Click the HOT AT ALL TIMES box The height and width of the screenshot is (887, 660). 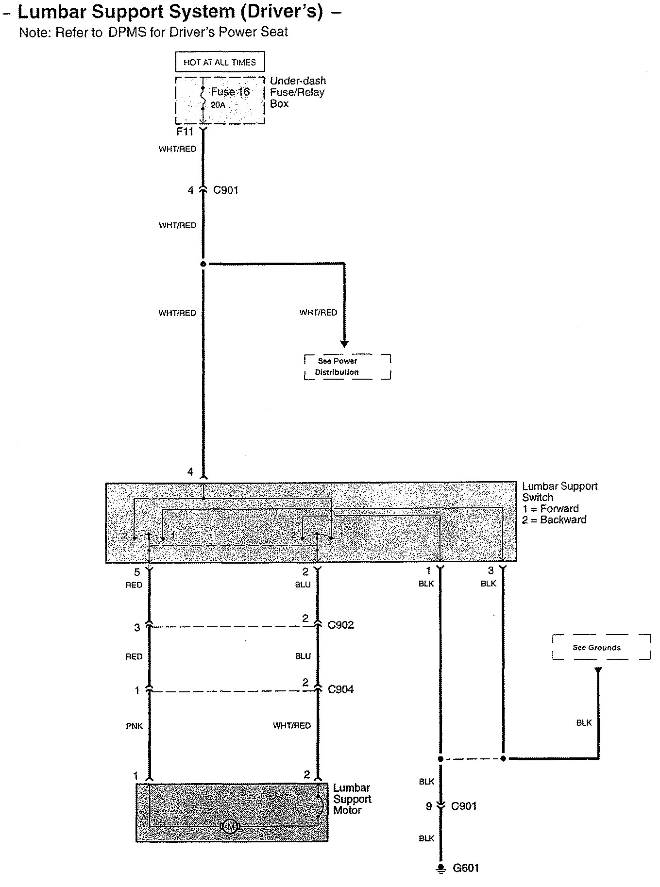tap(220, 62)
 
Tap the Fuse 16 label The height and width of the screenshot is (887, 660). tap(230, 92)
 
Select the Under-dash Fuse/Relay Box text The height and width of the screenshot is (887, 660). tap(297, 92)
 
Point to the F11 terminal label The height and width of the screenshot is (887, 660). tap(185, 132)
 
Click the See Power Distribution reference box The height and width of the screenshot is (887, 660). tap(347, 367)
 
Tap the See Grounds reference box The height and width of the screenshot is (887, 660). tap(601, 647)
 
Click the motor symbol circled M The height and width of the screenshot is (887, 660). tap(230, 826)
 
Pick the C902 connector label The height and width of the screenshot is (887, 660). tap(341, 625)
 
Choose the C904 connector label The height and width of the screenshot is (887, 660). tap(341, 689)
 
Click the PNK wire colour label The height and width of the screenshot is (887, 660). tap(135, 726)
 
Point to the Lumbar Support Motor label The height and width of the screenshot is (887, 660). tap(352, 799)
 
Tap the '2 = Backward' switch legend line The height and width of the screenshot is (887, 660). tap(554, 520)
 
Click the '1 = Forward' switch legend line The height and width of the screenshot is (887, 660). tap(551, 509)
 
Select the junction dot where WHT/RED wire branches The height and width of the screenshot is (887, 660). tap(203, 264)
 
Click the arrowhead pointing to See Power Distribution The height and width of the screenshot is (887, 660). tap(344, 344)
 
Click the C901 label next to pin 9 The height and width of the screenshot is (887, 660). tap(464, 806)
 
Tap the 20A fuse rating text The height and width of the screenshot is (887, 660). tap(218, 105)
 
